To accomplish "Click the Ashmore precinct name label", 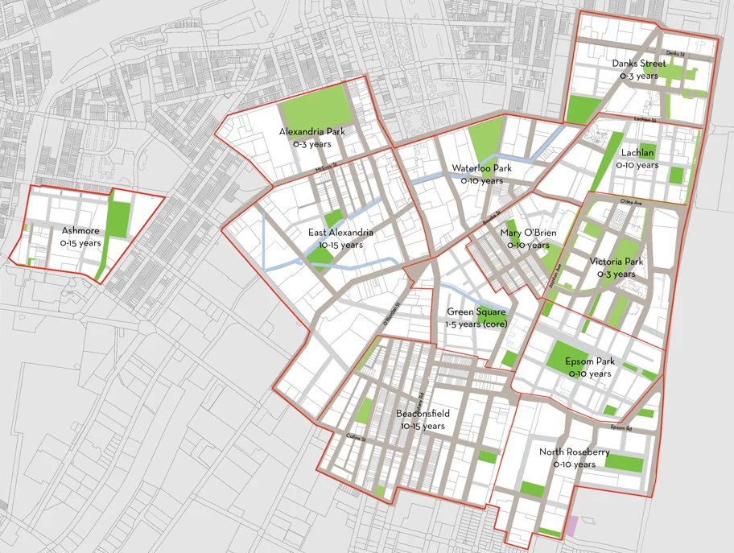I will point(80,231).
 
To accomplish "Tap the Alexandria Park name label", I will point(306,131).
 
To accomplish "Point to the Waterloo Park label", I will point(481,168).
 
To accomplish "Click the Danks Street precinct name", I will point(638,64).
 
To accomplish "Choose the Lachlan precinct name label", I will point(637,152).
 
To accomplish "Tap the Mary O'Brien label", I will point(525,233).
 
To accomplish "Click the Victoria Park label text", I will point(616,262).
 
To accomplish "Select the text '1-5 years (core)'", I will point(476,324).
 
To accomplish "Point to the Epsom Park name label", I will point(590,361).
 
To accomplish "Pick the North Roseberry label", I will point(574,452).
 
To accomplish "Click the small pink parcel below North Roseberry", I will point(573,527).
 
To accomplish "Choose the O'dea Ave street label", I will point(629,201).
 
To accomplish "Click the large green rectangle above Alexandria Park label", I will point(314,105).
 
